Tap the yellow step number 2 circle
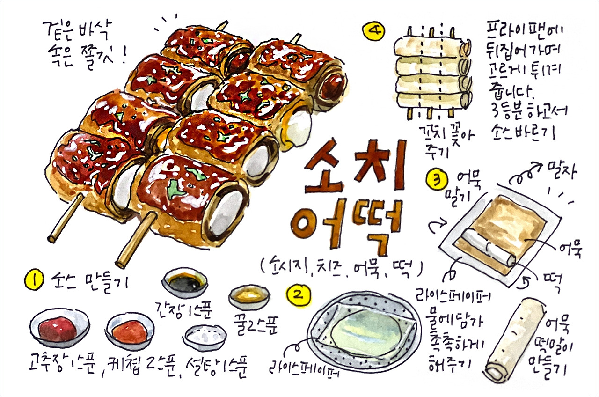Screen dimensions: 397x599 tap(298, 295)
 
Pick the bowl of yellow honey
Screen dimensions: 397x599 tap(249, 296)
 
